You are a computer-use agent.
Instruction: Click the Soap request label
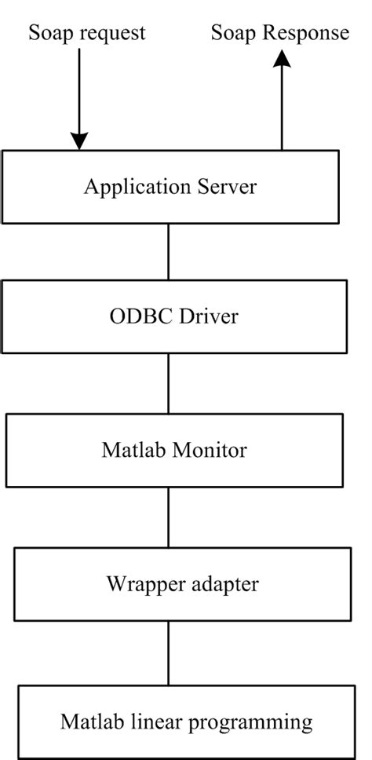87,34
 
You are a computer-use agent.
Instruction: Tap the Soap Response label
280,34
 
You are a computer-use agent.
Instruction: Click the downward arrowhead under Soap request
78,141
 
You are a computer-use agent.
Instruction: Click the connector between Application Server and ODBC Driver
169,251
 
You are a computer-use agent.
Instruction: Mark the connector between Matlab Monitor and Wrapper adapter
169,516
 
